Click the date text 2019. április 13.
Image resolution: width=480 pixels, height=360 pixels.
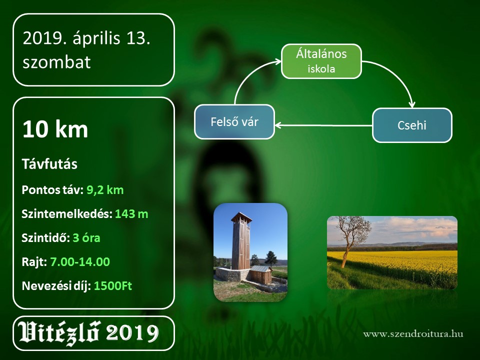pos(86,39)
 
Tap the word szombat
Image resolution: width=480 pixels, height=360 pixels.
pos(56,62)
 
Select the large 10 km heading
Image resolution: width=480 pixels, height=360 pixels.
pos(55,129)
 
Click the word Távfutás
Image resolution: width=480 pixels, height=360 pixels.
pos(49,164)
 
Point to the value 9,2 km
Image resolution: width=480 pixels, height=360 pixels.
pos(105,190)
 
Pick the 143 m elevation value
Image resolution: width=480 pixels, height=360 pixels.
pos(131,214)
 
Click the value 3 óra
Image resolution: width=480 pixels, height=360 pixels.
pos(86,238)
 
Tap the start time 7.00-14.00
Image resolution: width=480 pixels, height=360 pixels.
pos(80,261)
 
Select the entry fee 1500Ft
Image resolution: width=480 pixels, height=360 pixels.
pos(112,286)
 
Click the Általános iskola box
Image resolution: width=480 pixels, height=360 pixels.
pos(321,61)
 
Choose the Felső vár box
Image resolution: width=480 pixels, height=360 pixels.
pos(234,122)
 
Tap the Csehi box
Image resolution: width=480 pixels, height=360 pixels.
pos(412,125)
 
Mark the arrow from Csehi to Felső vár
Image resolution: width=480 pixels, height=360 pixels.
pos(323,125)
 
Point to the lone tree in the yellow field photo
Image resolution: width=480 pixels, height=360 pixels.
pos(352,239)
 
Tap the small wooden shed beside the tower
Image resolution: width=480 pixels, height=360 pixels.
pos(261,274)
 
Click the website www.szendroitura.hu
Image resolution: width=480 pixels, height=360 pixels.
pos(413,333)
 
